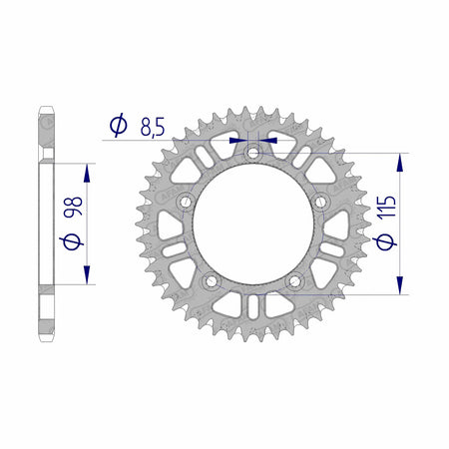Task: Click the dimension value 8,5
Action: pos(153,127)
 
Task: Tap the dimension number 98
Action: pos(73,207)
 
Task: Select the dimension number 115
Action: pos(386,207)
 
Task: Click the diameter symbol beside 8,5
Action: pos(119,125)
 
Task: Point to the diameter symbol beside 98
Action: pos(72,241)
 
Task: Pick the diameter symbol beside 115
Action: pos(386,241)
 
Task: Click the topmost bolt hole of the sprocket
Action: pos(253,154)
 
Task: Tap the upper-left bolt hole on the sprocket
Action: pos(186,202)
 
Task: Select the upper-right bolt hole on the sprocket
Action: pos(320,202)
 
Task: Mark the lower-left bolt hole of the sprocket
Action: pos(212,281)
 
